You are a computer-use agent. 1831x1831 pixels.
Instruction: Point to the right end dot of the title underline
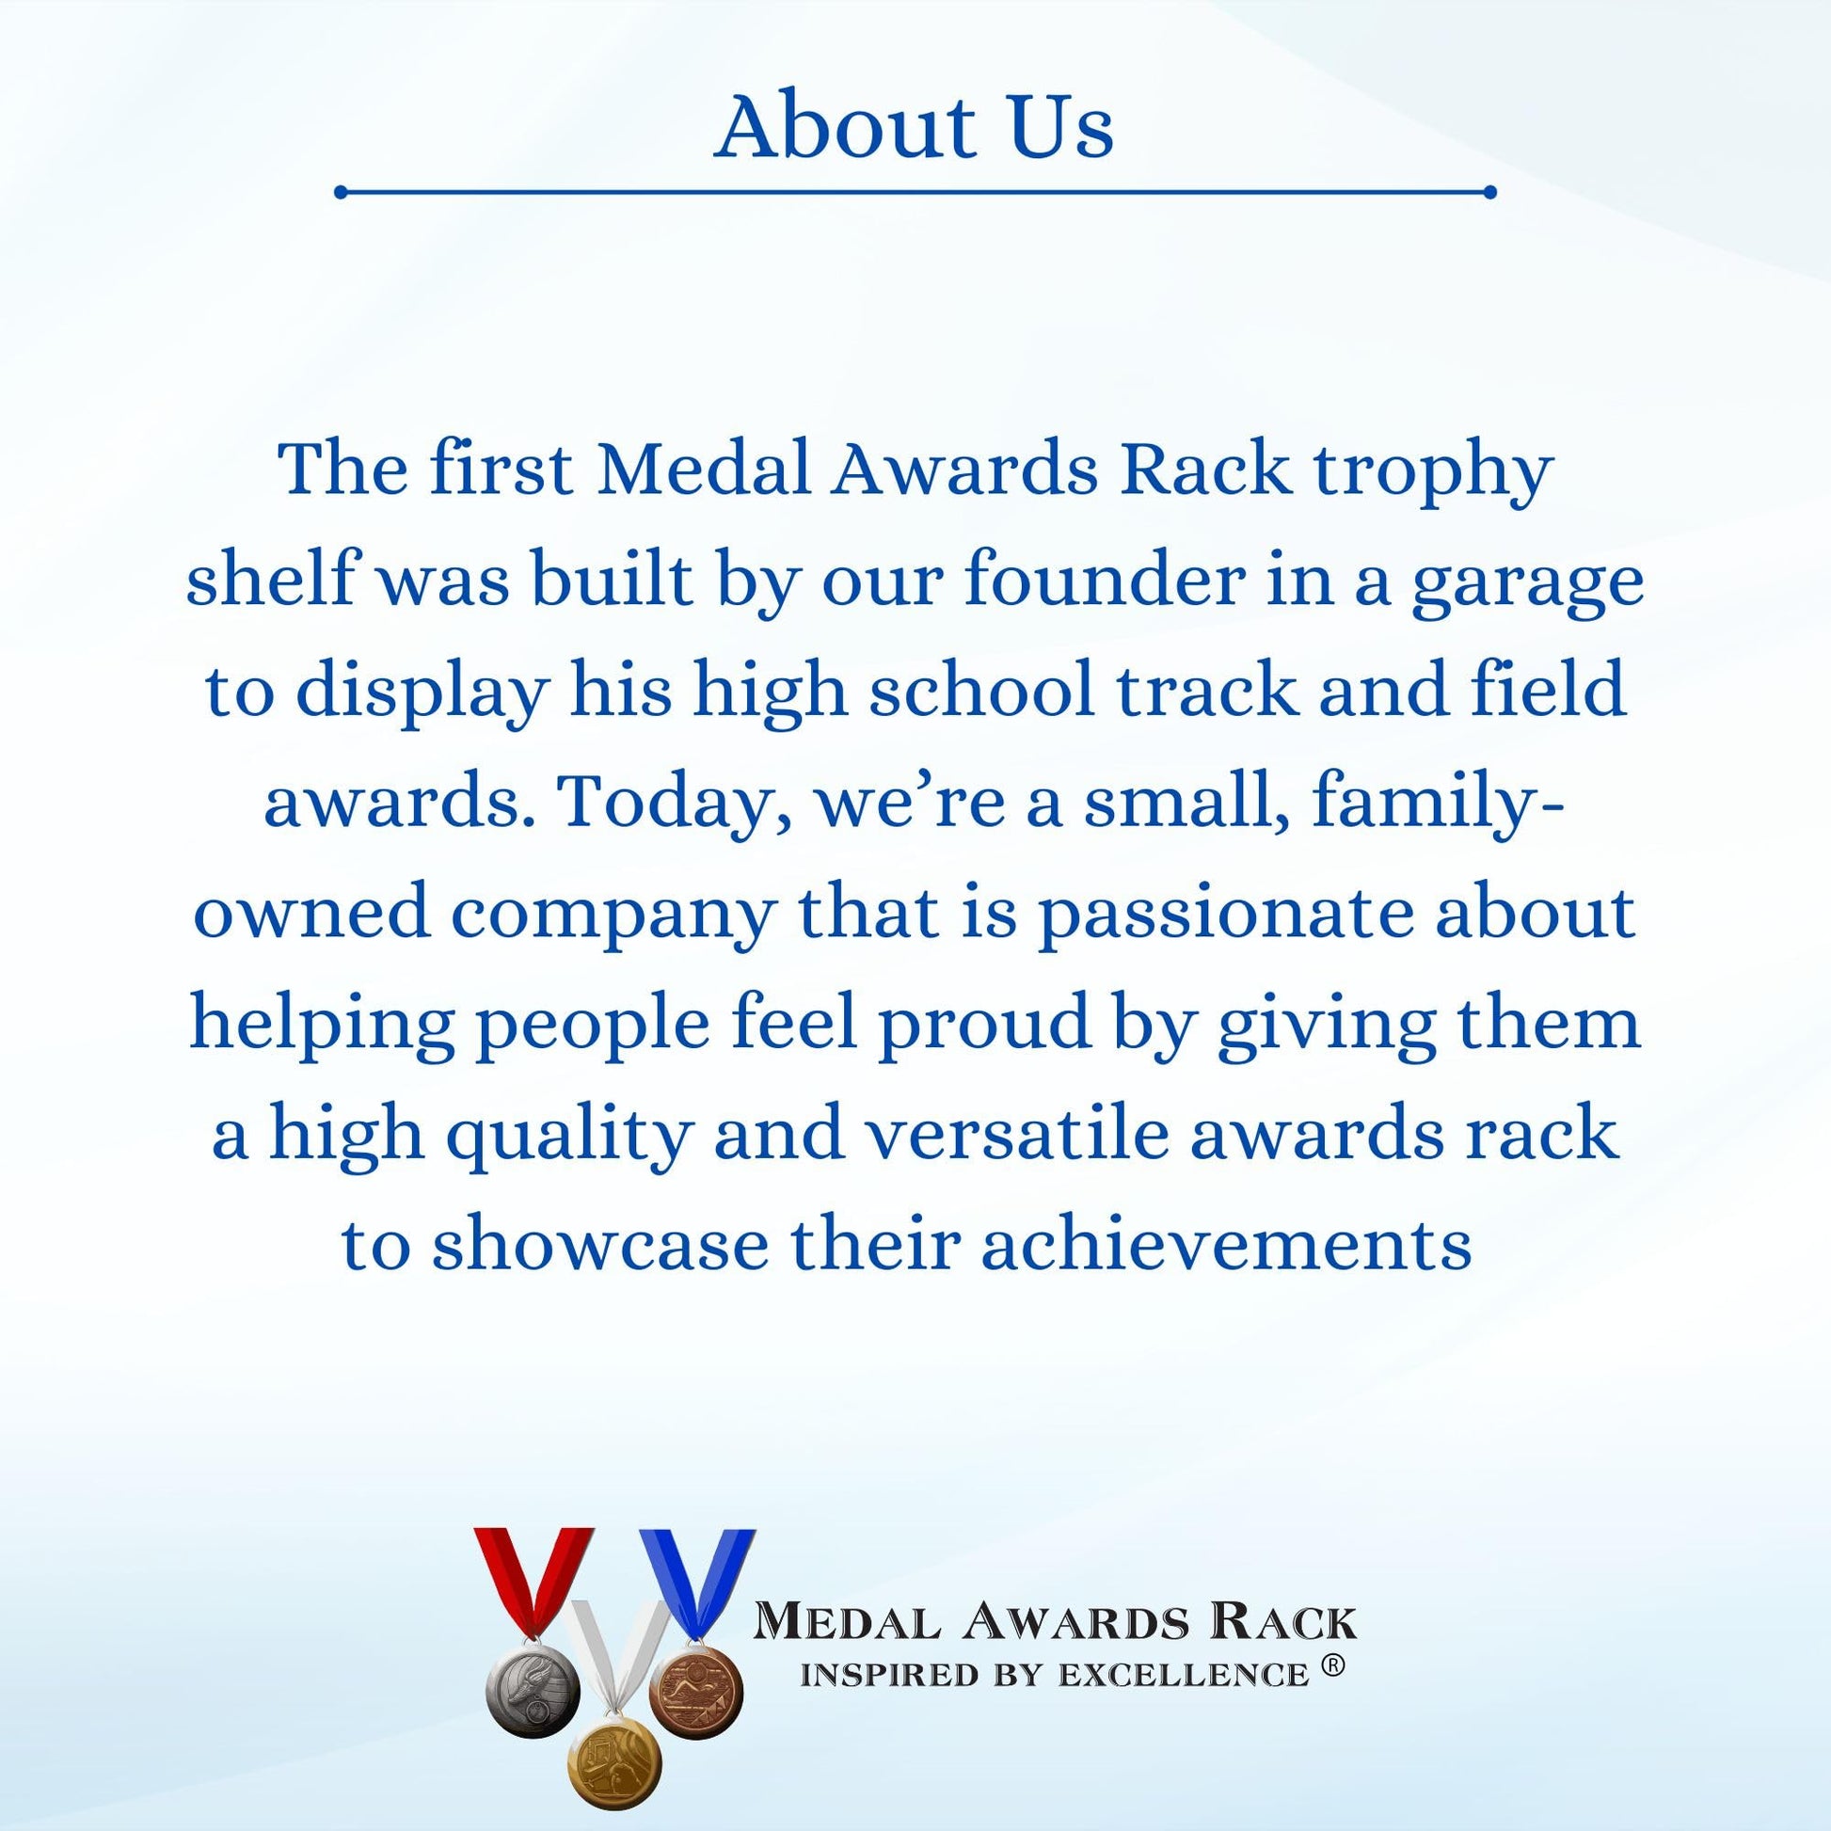click(x=1489, y=192)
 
